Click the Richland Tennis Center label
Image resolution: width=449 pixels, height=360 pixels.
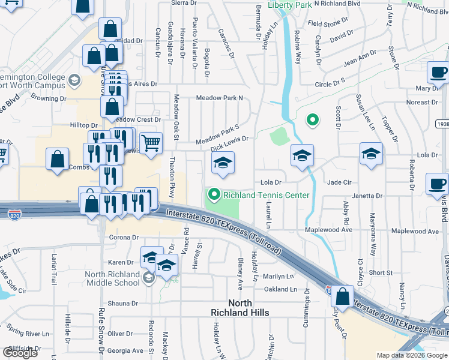tap(266, 195)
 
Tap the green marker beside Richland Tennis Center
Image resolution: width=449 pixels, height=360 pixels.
tap(213, 194)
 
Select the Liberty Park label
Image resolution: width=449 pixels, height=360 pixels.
tap(289, 5)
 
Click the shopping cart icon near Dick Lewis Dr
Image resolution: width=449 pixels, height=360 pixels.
tap(151, 143)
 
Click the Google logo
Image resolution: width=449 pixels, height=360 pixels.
tap(20, 352)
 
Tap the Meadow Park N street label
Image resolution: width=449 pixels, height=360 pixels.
tap(220, 98)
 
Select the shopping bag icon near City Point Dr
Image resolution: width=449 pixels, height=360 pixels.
tap(342, 296)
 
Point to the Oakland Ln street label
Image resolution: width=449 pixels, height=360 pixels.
tap(281, 289)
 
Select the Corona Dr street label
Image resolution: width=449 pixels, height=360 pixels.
tap(124, 238)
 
